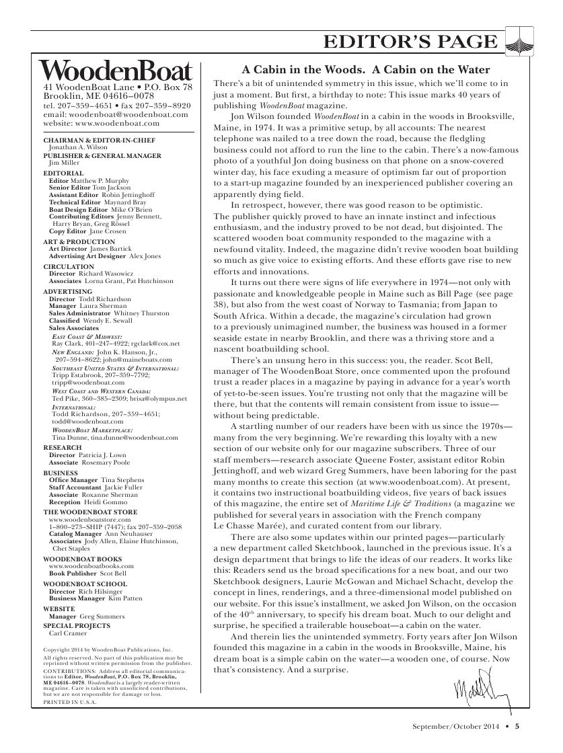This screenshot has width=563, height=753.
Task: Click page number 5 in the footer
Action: click(517, 725)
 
